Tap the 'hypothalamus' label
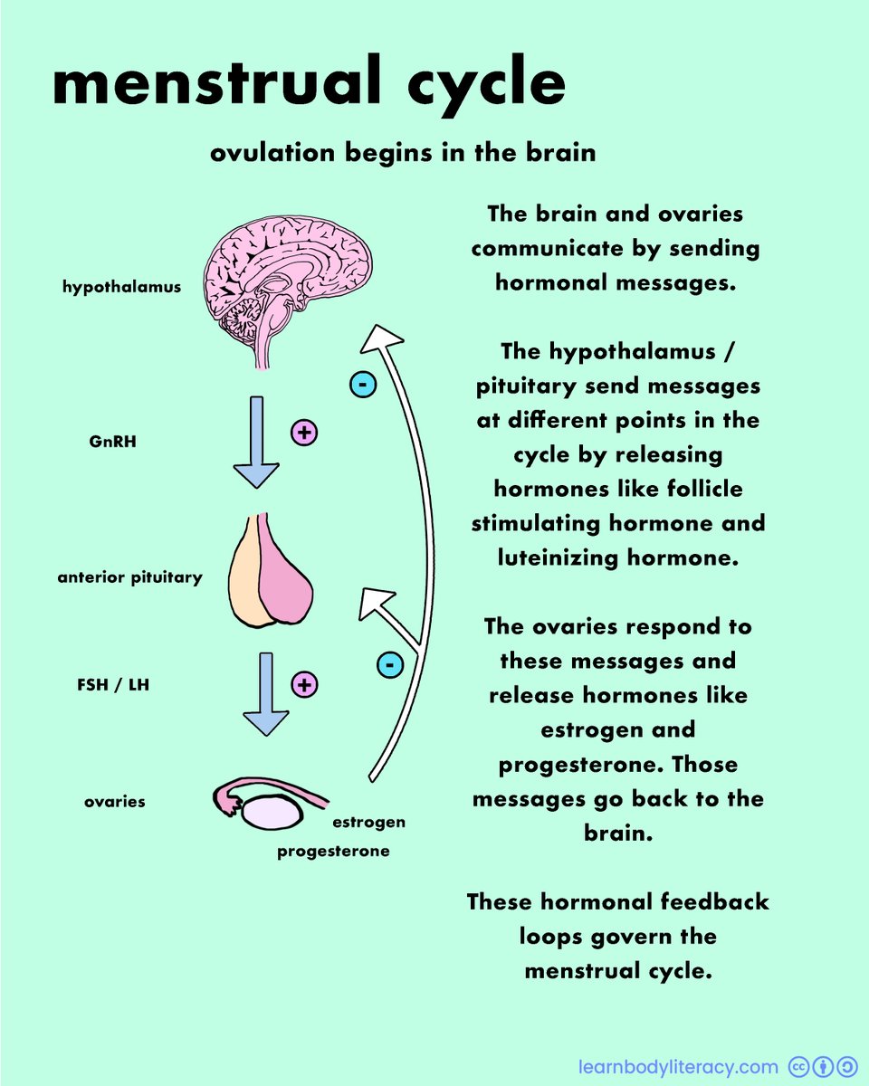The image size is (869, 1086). (x=121, y=288)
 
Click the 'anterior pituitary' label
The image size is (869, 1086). (x=129, y=576)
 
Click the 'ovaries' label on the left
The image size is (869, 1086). (x=115, y=802)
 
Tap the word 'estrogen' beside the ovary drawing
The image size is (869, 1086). (x=368, y=823)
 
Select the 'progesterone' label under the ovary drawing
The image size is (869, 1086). (x=333, y=852)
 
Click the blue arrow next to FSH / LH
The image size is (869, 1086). (x=266, y=692)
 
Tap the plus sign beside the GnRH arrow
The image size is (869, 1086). (x=304, y=433)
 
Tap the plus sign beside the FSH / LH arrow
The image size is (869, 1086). (x=304, y=685)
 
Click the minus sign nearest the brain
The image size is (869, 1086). (x=362, y=386)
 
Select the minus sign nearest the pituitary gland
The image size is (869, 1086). (x=389, y=665)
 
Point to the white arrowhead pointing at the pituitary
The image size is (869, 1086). (x=377, y=604)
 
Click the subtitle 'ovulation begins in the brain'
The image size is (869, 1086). (x=403, y=152)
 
